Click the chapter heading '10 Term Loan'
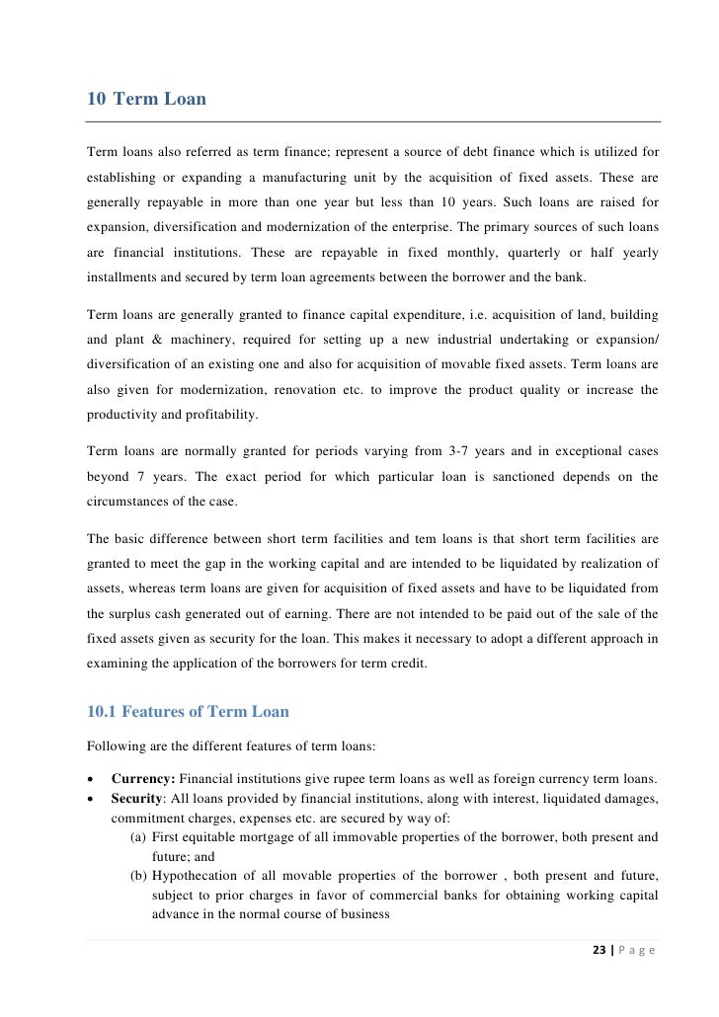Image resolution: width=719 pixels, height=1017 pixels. coord(147,99)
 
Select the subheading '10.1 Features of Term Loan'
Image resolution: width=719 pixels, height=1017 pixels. coord(188,711)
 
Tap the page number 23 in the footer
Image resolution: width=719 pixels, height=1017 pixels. coord(599,951)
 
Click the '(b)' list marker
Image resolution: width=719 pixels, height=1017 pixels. coord(139,876)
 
